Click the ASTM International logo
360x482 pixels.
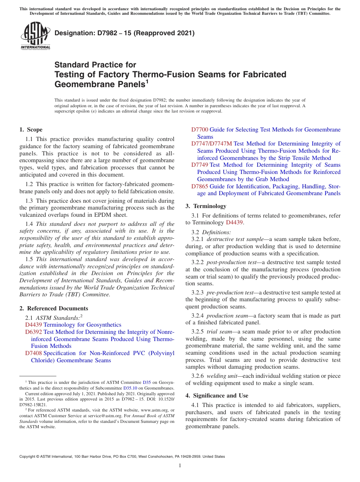pyautogui.click(x=35, y=36)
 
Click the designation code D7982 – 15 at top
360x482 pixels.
pyautogui.click(x=124, y=33)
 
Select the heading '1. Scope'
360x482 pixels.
pyautogui.click(x=31, y=130)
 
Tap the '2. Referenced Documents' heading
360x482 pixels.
pyautogui.click(x=54, y=308)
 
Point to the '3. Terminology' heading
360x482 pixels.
pyautogui.click(x=206, y=206)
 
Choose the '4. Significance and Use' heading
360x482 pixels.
pyautogui.click(x=217, y=396)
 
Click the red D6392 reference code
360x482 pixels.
pyautogui.click(x=33, y=332)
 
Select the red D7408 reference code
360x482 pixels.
pyautogui.click(x=33, y=353)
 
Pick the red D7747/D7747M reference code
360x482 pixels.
pyautogui.click(x=211, y=144)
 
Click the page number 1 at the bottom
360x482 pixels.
pyautogui.click(x=180, y=465)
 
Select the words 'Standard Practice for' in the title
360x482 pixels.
pyautogui.click(x=95, y=65)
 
